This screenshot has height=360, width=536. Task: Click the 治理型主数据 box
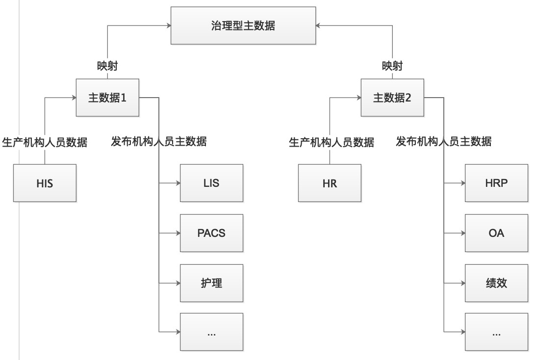tap(243, 26)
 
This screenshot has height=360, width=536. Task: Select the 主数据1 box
tap(107, 98)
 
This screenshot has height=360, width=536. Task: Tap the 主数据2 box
tap(392, 98)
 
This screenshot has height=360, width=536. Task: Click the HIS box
tap(45, 183)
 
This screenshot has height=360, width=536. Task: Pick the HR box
tap(330, 183)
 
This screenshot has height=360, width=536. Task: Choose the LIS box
tap(211, 183)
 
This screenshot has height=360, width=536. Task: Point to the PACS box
tap(211, 233)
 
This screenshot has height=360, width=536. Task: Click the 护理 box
tap(211, 283)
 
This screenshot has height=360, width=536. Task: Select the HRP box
tap(496, 183)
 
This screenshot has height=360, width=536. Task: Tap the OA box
tap(496, 233)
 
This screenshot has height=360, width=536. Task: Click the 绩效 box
tap(496, 283)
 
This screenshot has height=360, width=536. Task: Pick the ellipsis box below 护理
tap(211, 333)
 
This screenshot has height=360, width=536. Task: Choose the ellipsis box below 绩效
tap(496, 333)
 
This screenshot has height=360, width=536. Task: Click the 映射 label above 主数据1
tap(107, 66)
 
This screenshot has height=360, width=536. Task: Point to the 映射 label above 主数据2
tap(392, 66)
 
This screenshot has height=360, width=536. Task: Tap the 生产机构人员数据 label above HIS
tap(45, 142)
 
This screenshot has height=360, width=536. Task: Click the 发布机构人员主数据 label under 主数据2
tap(444, 142)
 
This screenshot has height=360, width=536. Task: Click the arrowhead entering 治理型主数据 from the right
tap(318, 26)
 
